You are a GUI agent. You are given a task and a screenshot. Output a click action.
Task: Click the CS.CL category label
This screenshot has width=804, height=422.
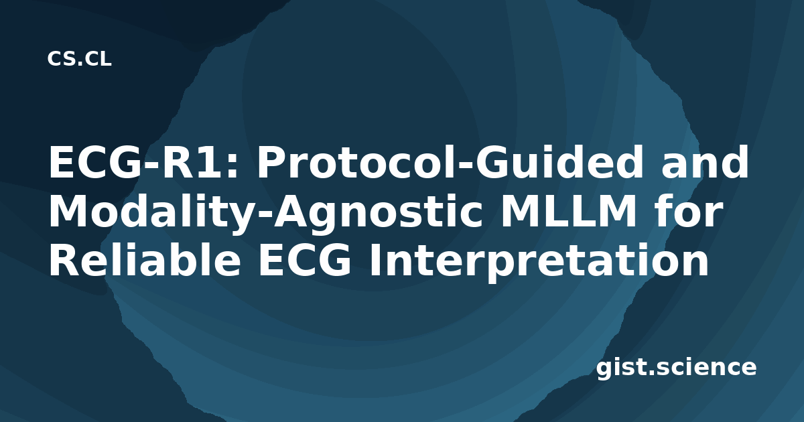pos(79,59)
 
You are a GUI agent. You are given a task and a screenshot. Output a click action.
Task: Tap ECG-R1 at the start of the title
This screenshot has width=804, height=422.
pos(139,162)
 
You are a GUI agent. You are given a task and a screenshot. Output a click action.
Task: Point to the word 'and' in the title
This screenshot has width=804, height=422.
pos(705,161)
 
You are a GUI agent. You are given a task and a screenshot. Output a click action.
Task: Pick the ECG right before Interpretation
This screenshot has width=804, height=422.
pos(305,260)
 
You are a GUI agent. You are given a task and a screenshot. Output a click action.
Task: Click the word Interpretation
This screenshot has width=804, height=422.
pos(539,261)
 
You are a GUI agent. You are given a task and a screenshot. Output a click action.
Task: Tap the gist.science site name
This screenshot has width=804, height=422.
pos(677,368)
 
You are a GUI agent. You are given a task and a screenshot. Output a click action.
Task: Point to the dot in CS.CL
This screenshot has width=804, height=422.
pos(80,64)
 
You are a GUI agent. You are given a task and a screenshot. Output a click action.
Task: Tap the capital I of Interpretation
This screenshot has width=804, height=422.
pos(375,260)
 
